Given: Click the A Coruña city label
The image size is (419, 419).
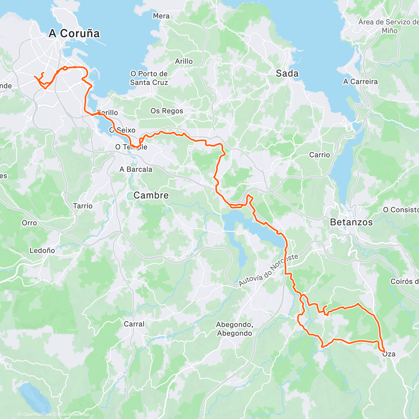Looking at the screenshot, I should coord(74,34).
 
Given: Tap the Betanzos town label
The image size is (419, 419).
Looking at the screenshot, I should coord(351,222).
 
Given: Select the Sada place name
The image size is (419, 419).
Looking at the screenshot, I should coord(287,73).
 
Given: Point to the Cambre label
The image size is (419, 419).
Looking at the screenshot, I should coord(151,196).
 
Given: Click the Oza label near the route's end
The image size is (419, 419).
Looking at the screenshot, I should coord(389,354).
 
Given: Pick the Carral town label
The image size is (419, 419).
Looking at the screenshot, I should coord(134,324).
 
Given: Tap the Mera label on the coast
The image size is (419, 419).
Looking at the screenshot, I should coord(161,16).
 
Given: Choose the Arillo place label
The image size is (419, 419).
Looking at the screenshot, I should coord(184,61).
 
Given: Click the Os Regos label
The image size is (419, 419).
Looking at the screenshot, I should coord(167,111).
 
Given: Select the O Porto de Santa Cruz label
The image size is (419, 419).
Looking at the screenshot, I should coord(149,78).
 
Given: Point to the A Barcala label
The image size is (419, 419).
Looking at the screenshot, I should coord(136,169).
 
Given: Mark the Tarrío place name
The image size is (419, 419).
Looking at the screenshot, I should coord(83,206).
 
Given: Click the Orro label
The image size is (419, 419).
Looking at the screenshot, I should coord(29,223).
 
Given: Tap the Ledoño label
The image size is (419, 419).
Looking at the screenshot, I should coord(42,250).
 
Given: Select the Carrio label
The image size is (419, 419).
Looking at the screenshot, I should coord(319,155).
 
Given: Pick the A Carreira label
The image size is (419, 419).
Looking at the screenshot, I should coord(360,82).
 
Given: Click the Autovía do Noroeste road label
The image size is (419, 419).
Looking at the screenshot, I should coord(269,270).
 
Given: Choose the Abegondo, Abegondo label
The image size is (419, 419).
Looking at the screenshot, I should coord(234,329).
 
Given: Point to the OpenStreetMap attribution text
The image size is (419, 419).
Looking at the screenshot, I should coord(73,414).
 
